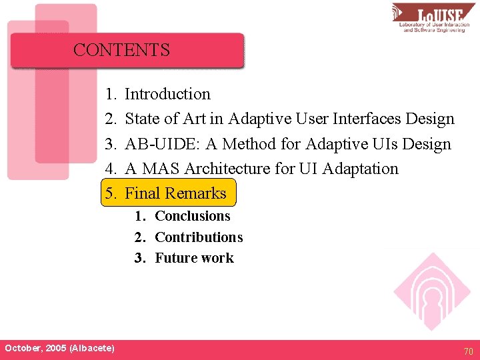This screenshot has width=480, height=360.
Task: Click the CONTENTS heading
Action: [121, 50]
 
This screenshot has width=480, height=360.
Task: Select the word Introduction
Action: [167, 94]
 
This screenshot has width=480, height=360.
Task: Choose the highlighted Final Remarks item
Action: [175, 193]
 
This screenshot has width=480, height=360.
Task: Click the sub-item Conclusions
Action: [192, 216]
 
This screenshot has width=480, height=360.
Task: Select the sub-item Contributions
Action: [199, 237]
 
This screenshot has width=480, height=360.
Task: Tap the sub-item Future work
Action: [194, 258]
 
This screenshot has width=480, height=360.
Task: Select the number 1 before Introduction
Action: [110, 94]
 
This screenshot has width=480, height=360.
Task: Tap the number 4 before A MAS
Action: [110, 169]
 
